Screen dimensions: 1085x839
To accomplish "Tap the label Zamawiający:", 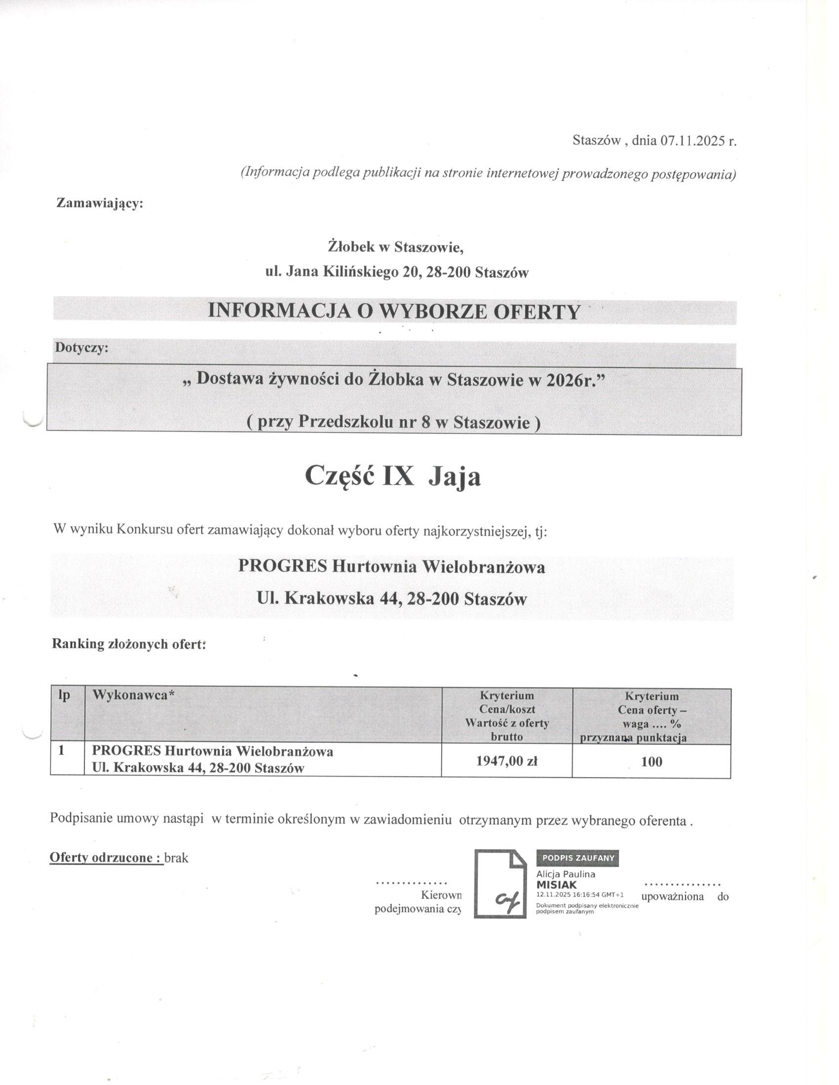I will point(100,203).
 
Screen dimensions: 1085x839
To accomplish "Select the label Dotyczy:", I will point(81,348).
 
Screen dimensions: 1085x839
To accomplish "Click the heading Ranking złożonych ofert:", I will point(129,645).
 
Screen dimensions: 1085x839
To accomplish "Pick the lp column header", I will point(64,696).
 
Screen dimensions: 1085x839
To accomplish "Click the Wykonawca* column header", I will point(133,696).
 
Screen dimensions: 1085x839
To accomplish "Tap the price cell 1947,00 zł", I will point(506,761).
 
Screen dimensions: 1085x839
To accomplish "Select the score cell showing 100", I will point(651,761).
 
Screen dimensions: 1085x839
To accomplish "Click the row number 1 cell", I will point(62,751).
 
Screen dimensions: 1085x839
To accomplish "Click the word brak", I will point(177,858).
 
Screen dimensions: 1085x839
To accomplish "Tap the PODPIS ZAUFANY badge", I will point(577,858).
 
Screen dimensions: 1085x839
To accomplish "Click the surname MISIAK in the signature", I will point(557,885).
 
